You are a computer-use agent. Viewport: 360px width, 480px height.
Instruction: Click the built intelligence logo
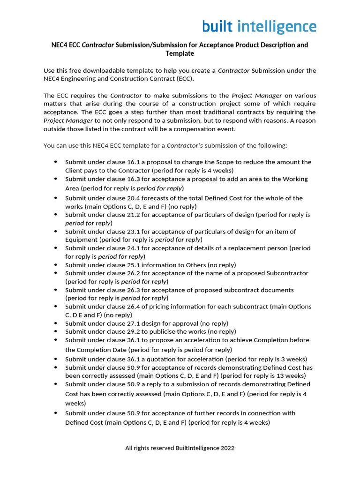tap(259, 27)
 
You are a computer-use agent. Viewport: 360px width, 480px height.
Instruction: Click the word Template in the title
tap(180, 54)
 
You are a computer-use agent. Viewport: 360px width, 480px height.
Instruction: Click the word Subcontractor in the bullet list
tap(287, 273)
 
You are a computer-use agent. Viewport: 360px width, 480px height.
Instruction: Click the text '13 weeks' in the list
tap(293, 376)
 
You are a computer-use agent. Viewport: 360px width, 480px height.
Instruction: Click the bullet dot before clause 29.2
tap(56, 331)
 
